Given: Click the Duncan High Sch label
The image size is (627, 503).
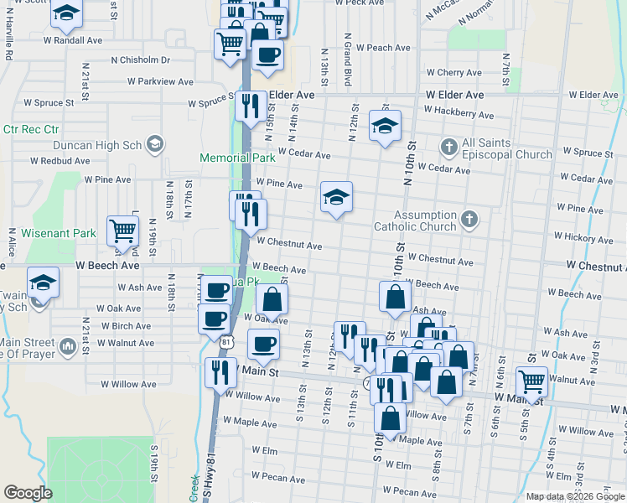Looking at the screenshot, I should point(106,144).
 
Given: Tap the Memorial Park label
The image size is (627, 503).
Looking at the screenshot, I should point(238,158).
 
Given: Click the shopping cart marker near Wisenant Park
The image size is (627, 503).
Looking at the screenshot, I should point(123,231).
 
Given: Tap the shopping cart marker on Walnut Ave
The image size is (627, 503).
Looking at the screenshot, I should point(531,381).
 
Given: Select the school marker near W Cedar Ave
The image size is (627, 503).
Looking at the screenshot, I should point(385,126).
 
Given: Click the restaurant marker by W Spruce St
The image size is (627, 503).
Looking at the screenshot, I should point(251,106).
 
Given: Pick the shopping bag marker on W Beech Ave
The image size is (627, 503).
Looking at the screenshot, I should point(395,297).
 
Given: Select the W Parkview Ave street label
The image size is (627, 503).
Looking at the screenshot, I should point(159,82).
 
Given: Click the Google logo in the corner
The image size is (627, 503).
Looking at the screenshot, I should point(28,493).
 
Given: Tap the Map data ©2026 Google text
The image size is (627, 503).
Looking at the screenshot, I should point(574,496).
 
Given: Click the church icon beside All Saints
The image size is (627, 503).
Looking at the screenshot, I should point(449,148).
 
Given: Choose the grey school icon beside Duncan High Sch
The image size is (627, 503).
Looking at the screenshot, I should point(154,144).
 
